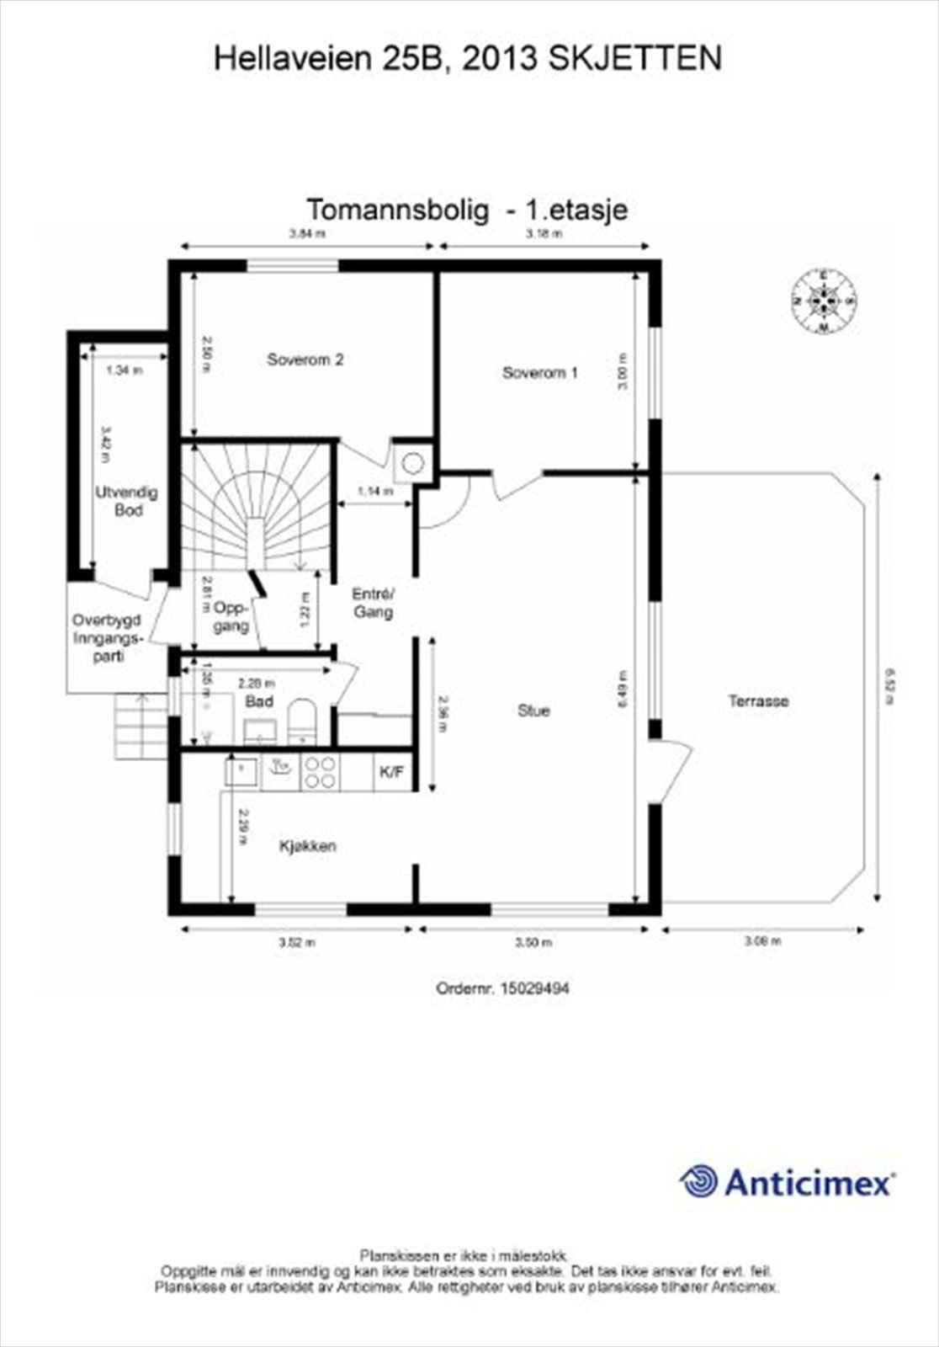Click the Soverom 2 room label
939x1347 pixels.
(x=305, y=359)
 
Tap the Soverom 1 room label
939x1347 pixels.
(x=539, y=372)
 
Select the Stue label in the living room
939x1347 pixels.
(x=533, y=711)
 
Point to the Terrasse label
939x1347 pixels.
(x=758, y=700)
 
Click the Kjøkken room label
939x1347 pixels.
(x=308, y=846)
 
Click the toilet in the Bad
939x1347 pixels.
(x=301, y=721)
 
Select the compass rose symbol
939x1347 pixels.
(x=823, y=301)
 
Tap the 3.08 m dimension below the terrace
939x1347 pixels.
(x=762, y=941)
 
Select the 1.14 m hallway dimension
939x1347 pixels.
(x=375, y=492)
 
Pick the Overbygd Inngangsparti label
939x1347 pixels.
(x=106, y=637)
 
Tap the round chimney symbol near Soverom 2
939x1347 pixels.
(x=412, y=463)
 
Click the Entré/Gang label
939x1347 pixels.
(x=373, y=603)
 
